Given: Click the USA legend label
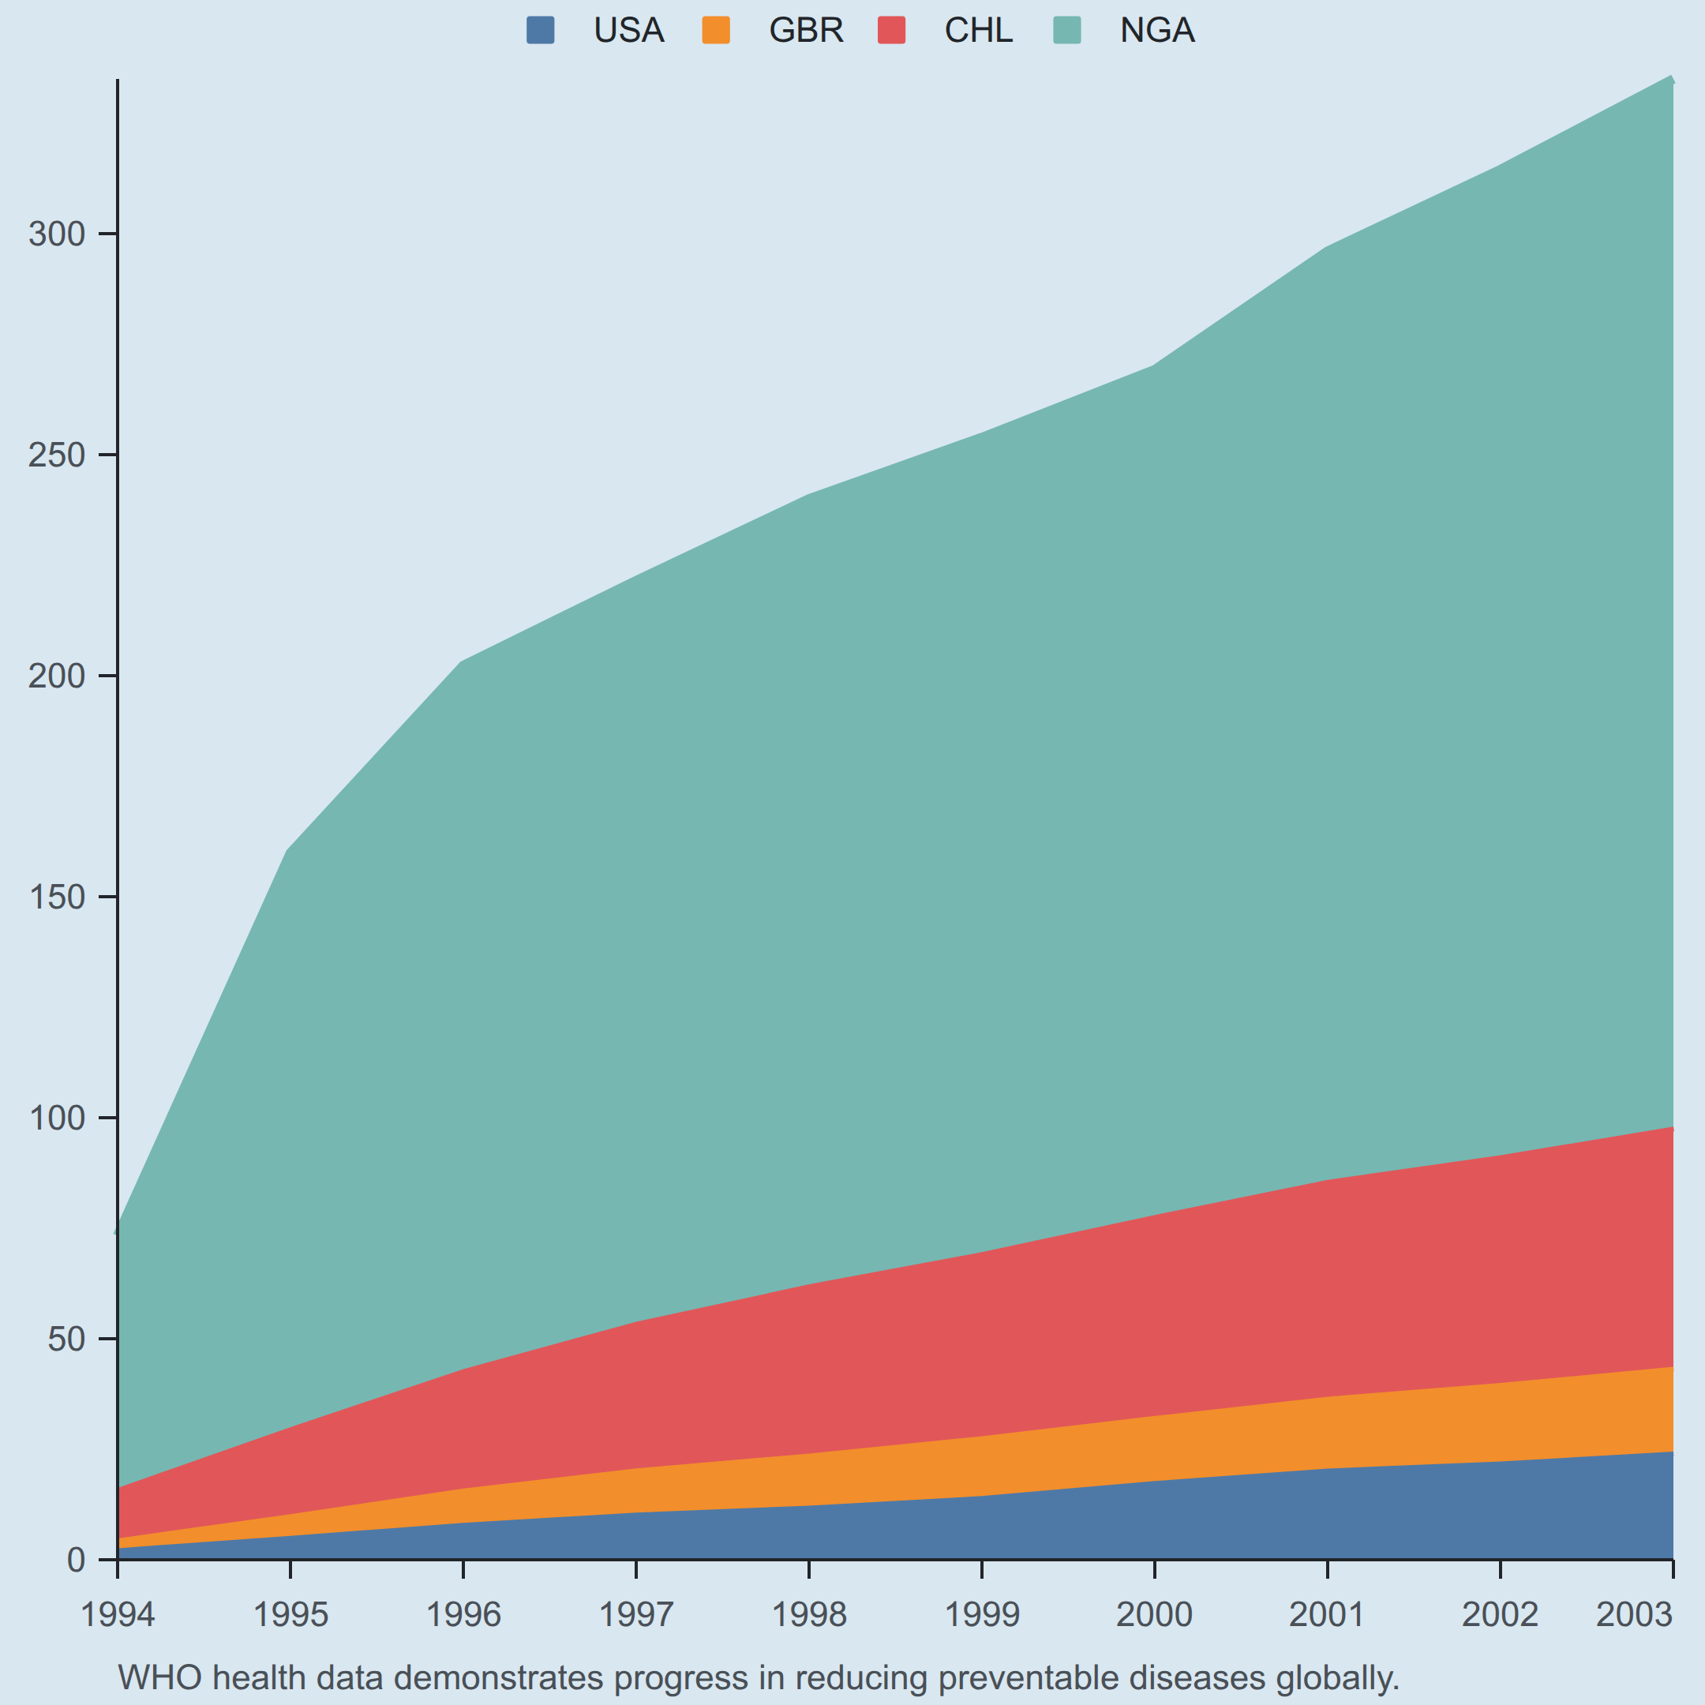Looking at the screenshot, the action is pyautogui.click(x=628, y=31).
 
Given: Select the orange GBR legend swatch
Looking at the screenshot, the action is pyautogui.click(x=716, y=30).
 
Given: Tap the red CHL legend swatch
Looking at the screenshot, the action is pyautogui.click(x=891, y=30).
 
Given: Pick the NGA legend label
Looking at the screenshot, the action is pyautogui.click(x=1157, y=31).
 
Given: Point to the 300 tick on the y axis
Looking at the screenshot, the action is pyautogui.click(x=58, y=234).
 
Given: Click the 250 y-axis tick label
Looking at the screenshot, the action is pyautogui.click(x=58, y=455).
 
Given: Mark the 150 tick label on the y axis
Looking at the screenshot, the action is pyautogui.click(x=58, y=897).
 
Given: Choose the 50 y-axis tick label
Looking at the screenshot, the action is pyautogui.click(x=67, y=1340).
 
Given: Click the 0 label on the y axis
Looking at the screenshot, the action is pyautogui.click(x=77, y=1561).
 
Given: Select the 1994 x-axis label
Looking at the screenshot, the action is pyautogui.click(x=118, y=1615).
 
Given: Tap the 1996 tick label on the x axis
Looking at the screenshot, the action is pyautogui.click(x=463, y=1615).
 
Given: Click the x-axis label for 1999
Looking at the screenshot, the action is pyautogui.click(x=982, y=1615).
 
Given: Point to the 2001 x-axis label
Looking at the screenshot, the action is pyautogui.click(x=1327, y=1615).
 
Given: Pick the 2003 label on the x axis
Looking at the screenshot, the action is pyautogui.click(x=1635, y=1615).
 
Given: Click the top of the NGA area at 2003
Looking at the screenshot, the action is pyautogui.click(x=1673, y=80).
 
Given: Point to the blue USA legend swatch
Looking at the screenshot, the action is pyautogui.click(x=540, y=30).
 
